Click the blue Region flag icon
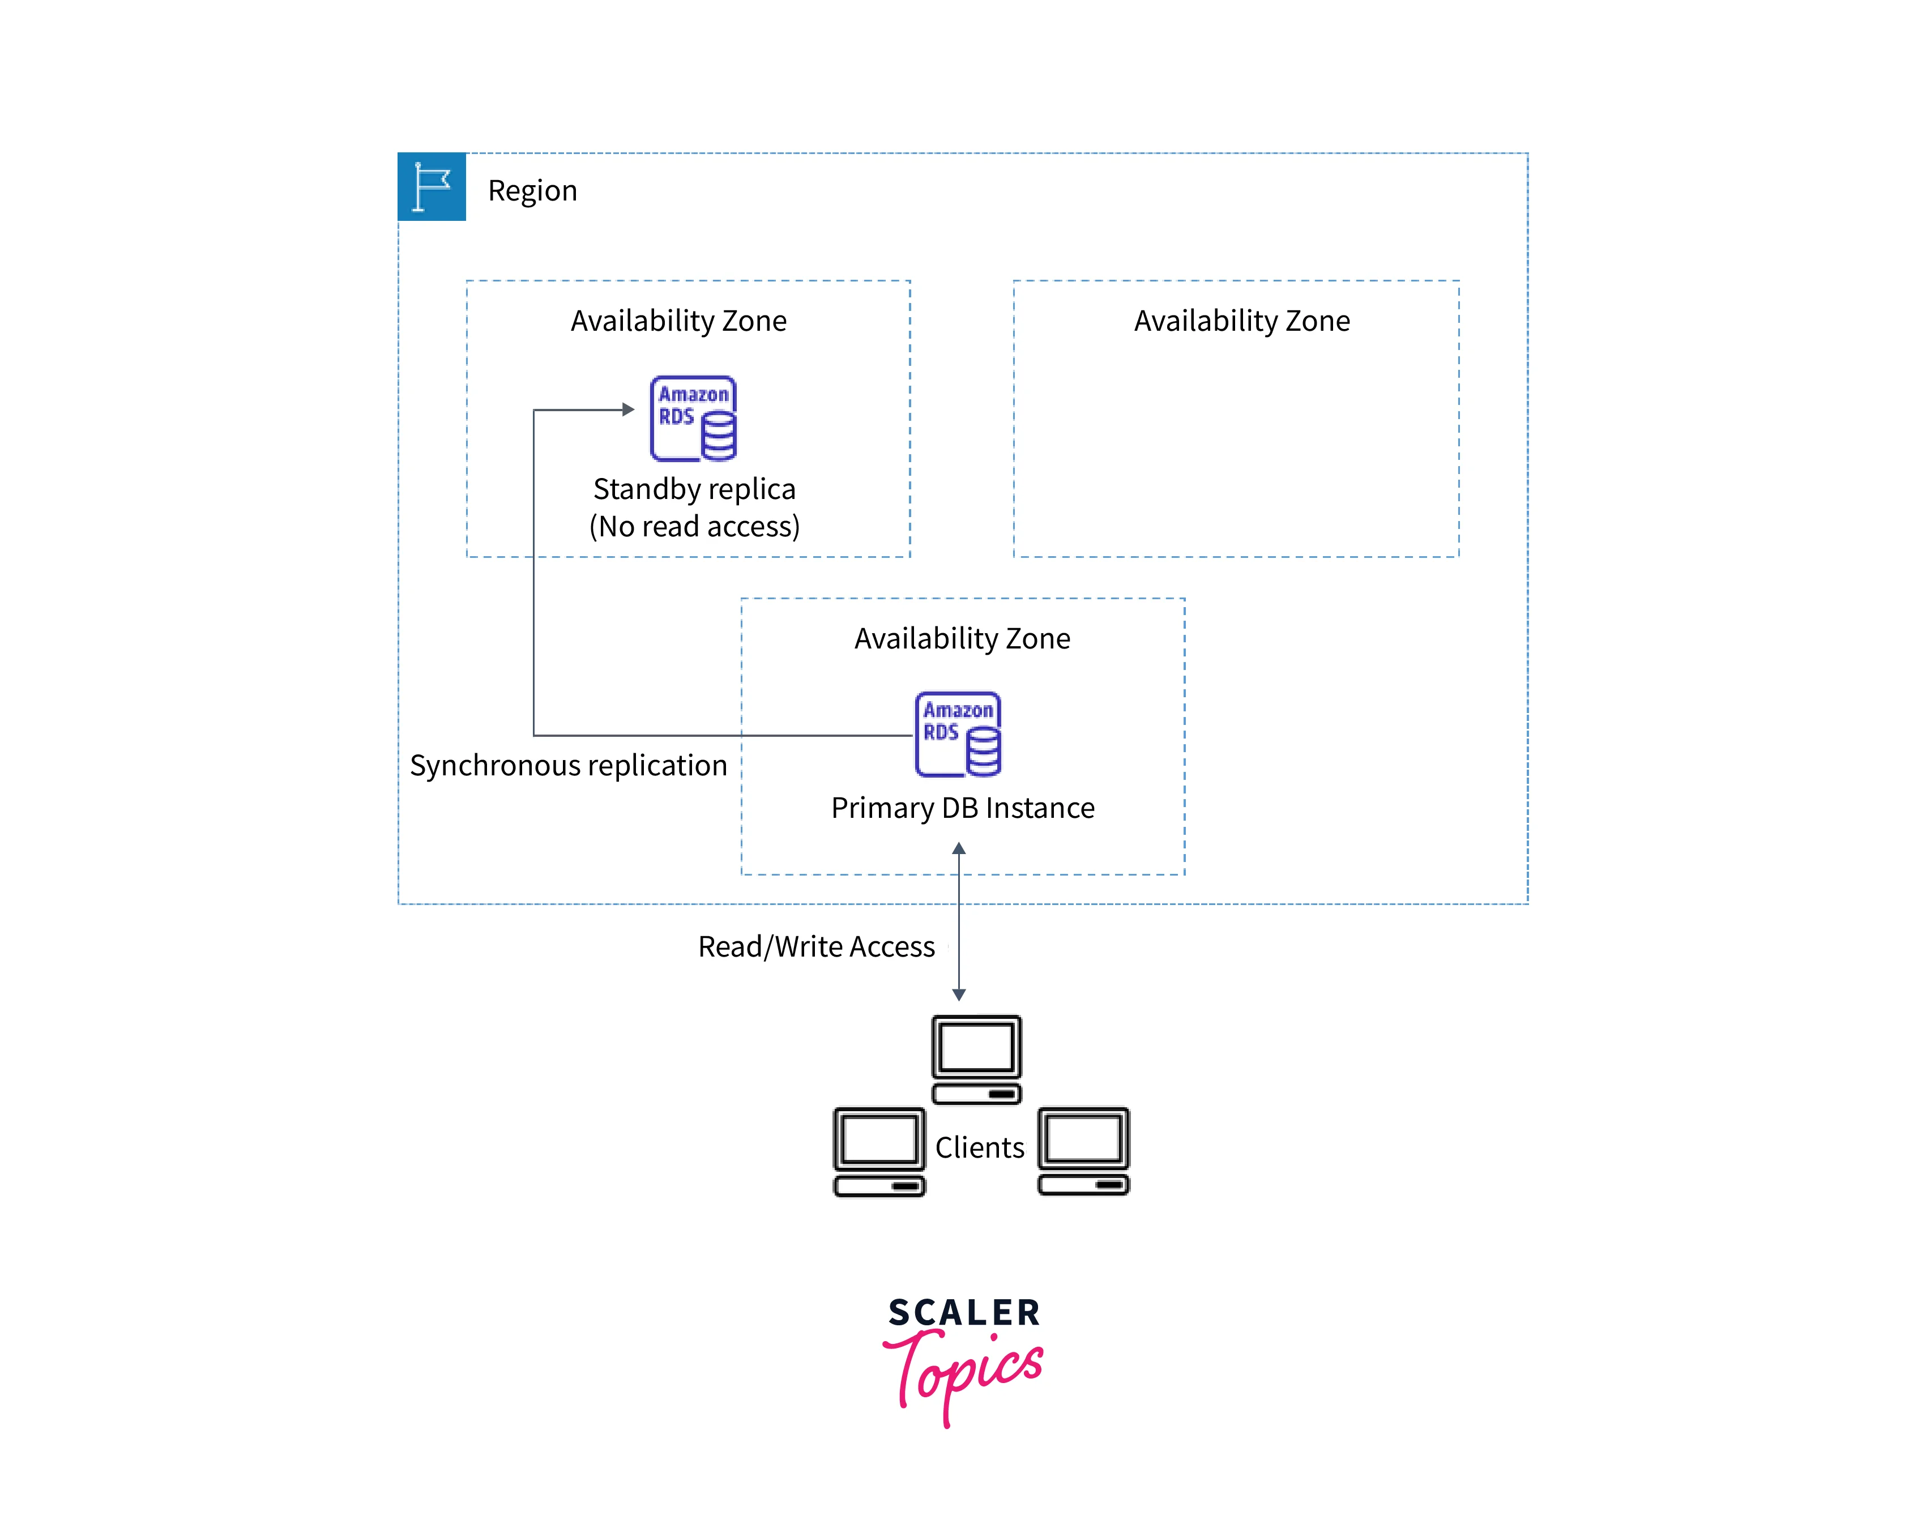[432, 187]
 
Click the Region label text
[532, 191]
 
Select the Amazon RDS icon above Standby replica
[693, 418]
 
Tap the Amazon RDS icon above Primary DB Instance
[958, 735]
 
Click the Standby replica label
[694, 489]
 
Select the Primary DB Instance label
[962, 808]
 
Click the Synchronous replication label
[568, 766]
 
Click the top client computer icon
[976, 1059]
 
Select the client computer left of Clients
[879, 1151]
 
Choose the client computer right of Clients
[1083, 1151]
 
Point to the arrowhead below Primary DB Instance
[959, 848]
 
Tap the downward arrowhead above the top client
[959, 995]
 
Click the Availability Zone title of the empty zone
[1242, 321]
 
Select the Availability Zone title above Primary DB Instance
[962, 639]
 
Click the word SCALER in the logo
[964, 1312]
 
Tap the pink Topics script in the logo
[965, 1371]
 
